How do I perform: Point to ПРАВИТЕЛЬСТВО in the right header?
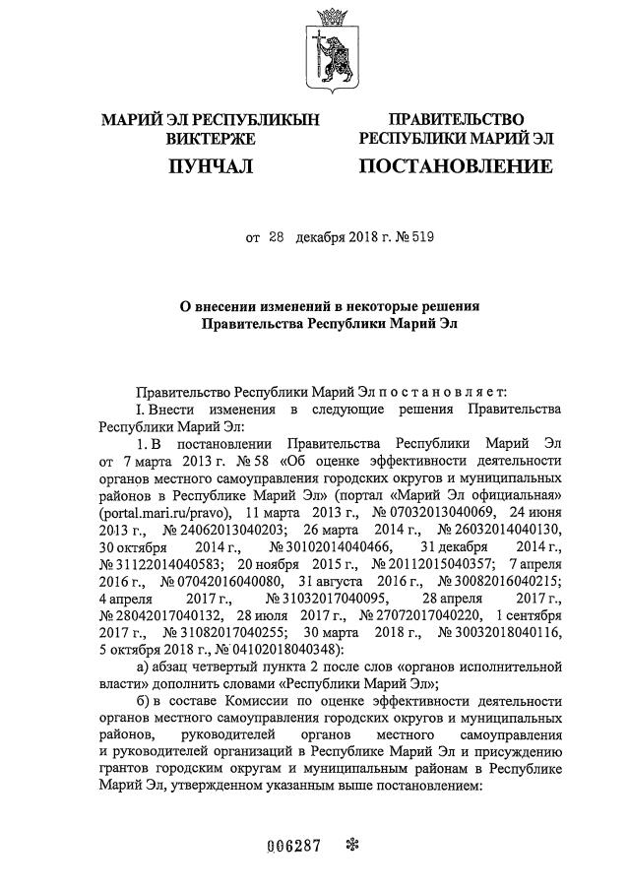(456, 120)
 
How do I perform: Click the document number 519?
(421, 237)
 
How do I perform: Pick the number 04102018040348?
(279, 649)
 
